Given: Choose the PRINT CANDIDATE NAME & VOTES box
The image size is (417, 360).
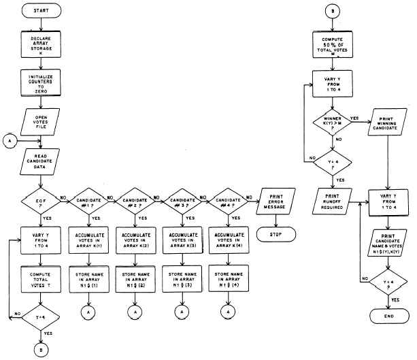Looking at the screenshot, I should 388,240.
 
